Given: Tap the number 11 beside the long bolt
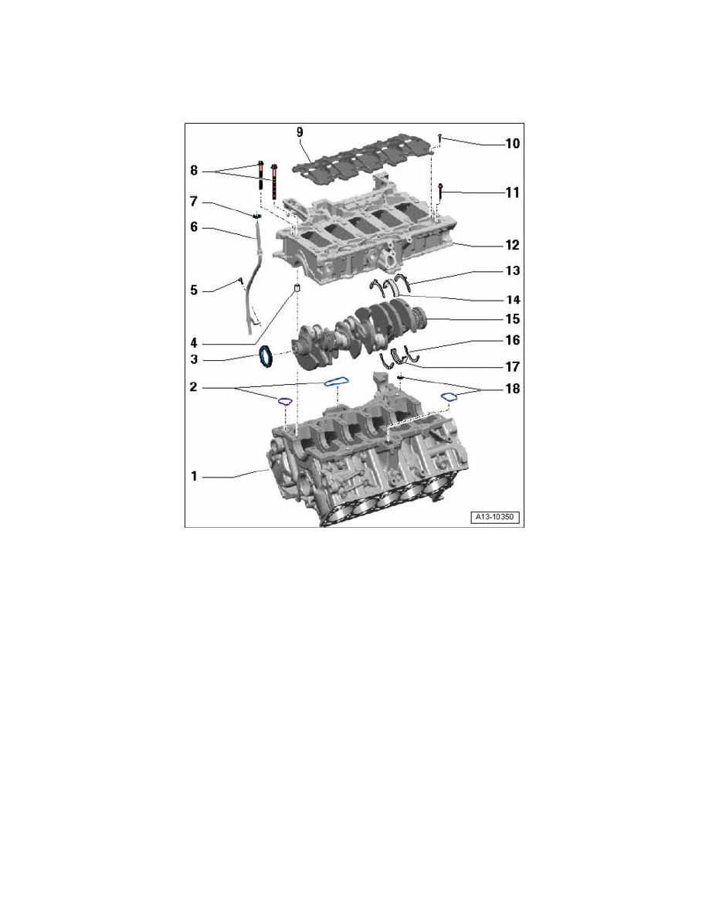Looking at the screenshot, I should tap(511, 192).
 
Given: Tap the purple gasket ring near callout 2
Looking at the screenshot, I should tap(283, 400).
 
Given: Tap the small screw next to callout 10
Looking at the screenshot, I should tap(438, 138).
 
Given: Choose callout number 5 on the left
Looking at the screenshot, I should tap(195, 291).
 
